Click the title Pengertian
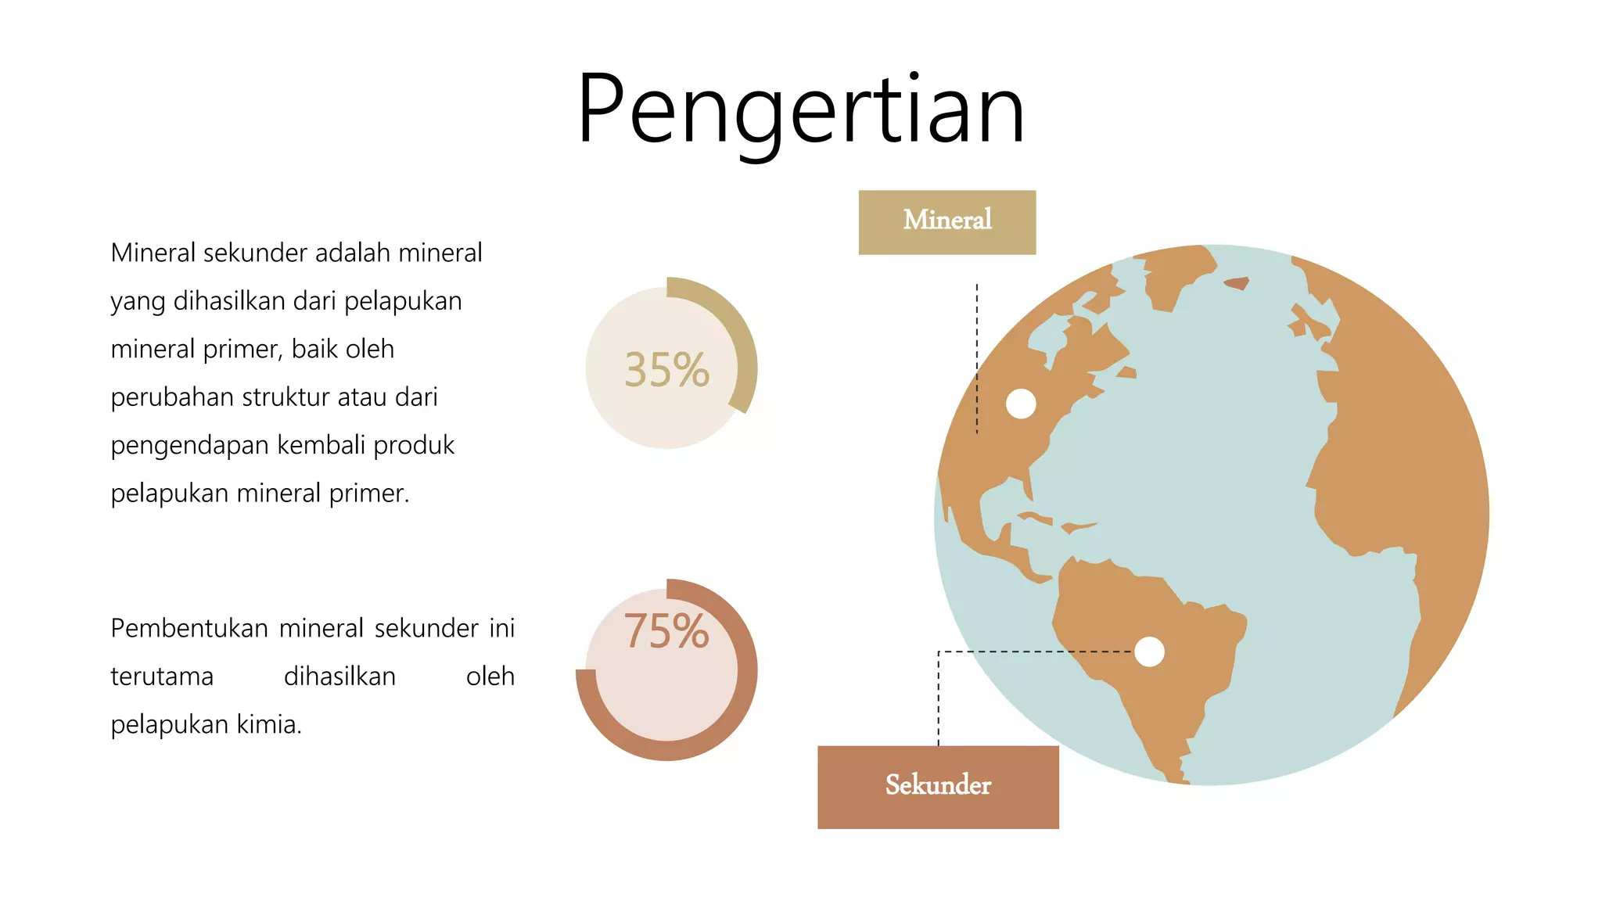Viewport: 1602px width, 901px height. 800,109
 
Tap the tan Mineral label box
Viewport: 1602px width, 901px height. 946,222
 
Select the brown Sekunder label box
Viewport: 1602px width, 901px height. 938,787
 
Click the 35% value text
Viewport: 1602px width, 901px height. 666,370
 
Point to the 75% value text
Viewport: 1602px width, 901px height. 666,631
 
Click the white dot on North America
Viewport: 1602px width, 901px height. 1021,404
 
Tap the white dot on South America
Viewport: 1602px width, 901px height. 1149,652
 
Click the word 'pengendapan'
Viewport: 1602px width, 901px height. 190,446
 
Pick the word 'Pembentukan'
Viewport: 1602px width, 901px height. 189,629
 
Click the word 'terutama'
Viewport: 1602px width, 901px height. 162,677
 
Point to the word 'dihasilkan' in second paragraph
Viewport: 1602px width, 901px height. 339,677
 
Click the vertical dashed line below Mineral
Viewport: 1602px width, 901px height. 977,360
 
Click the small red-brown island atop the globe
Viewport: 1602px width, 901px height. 1237,283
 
